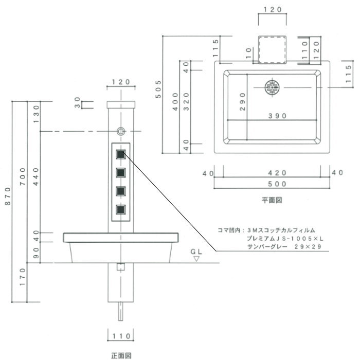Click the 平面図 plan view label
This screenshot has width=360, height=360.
271,200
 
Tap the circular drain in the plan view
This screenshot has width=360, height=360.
272,87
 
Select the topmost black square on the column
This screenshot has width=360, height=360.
121,153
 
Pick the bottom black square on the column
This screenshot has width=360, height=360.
121,209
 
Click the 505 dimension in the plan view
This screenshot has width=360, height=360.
159,90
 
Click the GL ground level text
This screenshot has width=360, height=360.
195,252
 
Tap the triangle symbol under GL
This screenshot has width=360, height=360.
195,259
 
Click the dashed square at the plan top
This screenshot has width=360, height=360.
272,50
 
